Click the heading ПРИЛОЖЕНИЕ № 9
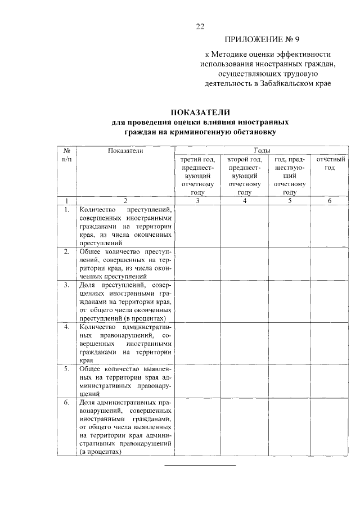click(x=266, y=39)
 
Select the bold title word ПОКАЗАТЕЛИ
click(x=201, y=112)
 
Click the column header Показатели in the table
click(x=125, y=151)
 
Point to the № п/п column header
click(x=66, y=155)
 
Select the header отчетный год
click(x=330, y=164)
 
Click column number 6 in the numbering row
click(x=330, y=200)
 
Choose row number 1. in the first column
click(x=66, y=210)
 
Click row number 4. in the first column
click(x=66, y=327)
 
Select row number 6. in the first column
click(x=66, y=403)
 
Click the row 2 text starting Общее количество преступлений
click(x=125, y=264)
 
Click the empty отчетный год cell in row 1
click(x=330, y=226)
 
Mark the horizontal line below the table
click(x=200, y=465)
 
